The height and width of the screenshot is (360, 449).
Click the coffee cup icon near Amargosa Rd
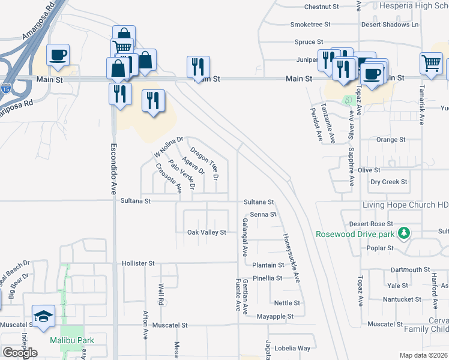pyautogui.click(x=58, y=55)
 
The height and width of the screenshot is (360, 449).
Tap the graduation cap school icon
pyautogui.click(x=44, y=316)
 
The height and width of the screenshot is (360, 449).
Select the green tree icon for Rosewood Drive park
pyautogui.click(x=405, y=233)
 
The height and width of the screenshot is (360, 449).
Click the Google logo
pyautogui.click(x=20, y=353)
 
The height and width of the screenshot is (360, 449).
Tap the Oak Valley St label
pyautogui.click(x=206, y=232)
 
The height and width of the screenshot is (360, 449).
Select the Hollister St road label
pyautogui.click(x=139, y=263)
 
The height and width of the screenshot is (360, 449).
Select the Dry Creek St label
pyautogui.click(x=389, y=182)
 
